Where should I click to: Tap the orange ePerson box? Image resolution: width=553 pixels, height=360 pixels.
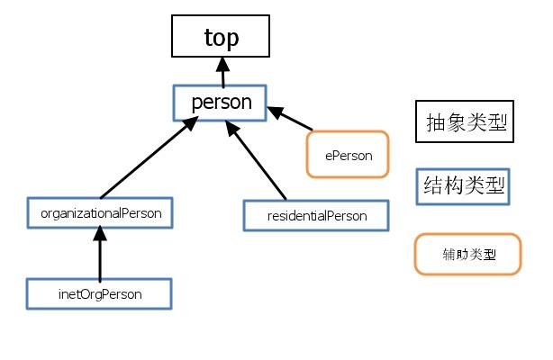(x=348, y=155)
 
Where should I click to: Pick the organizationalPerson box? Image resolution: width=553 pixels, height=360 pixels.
(x=100, y=213)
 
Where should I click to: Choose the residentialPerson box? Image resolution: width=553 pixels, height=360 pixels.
(x=316, y=216)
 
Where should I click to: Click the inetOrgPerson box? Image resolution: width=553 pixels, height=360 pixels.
(x=99, y=293)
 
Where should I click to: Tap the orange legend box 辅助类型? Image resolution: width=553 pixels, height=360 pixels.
(x=467, y=254)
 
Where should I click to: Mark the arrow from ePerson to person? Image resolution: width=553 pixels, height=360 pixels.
(x=290, y=119)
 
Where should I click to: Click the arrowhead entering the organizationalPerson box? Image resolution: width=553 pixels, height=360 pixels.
(x=100, y=233)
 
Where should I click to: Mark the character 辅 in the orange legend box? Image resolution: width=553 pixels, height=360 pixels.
(x=449, y=254)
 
